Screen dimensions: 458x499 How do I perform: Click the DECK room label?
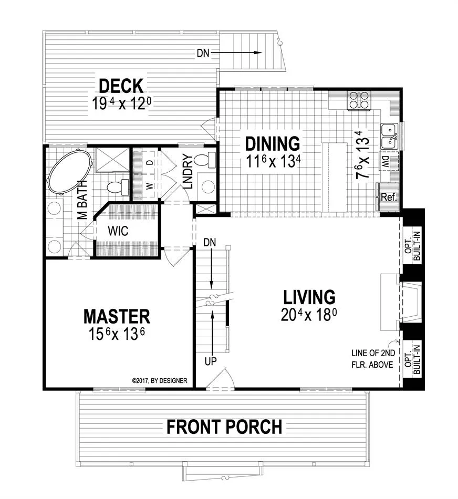click(x=121, y=86)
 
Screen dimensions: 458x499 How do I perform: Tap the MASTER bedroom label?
click(x=117, y=316)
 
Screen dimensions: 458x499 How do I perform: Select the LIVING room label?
click(x=309, y=297)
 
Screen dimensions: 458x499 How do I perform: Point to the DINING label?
click(x=273, y=143)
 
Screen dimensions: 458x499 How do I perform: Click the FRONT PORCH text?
click(x=224, y=427)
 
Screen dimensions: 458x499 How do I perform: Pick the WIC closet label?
click(x=118, y=231)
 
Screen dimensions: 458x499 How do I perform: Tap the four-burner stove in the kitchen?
click(x=360, y=100)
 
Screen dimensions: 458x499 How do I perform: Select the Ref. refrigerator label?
click(x=389, y=197)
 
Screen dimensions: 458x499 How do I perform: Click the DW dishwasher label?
click(x=385, y=162)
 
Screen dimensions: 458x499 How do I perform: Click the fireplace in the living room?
click(x=401, y=302)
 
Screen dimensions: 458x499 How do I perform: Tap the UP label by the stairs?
click(x=211, y=361)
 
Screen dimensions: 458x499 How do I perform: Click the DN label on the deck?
click(x=203, y=53)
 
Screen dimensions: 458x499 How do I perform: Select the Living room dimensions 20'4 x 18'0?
click(x=309, y=315)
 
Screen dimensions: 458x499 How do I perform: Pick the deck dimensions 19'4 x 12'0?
click(x=121, y=103)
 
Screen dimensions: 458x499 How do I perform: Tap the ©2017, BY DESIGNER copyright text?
click(x=160, y=380)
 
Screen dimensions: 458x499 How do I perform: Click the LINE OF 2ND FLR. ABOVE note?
click(x=373, y=359)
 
